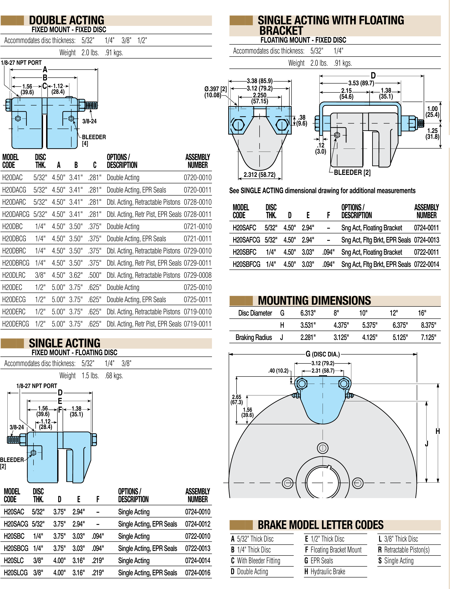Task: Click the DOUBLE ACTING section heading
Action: pyautogui.click(x=67, y=20)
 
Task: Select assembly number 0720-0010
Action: pyautogui.click(x=197, y=177)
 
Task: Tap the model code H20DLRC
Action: pyautogui.click(x=14, y=275)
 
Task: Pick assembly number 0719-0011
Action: pyautogui.click(x=197, y=324)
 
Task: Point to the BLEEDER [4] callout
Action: pyautogui.click(x=93, y=140)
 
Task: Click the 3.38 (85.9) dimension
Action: pyautogui.click(x=260, y=81)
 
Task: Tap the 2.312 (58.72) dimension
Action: pyautogui.click(x=259, y=175)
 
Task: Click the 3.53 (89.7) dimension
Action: pyautogui.click(x=361, y=83)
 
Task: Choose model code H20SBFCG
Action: pyautogui.click(x=247, y=264)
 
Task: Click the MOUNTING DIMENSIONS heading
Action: pyautogui.click(x=314, y=301)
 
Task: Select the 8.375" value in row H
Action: pyautogui.click(x=428, y=325)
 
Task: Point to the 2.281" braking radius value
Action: pyautogui.click(x=308, y=338)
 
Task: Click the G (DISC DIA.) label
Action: pyautogui.click(x=323, y=354)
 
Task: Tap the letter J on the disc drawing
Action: pyautogui.click(x=427, y=444)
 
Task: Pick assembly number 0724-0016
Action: pyautogui.click(x=197, y=573)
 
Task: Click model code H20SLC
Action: pyautogui.click(x=14, y=561)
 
